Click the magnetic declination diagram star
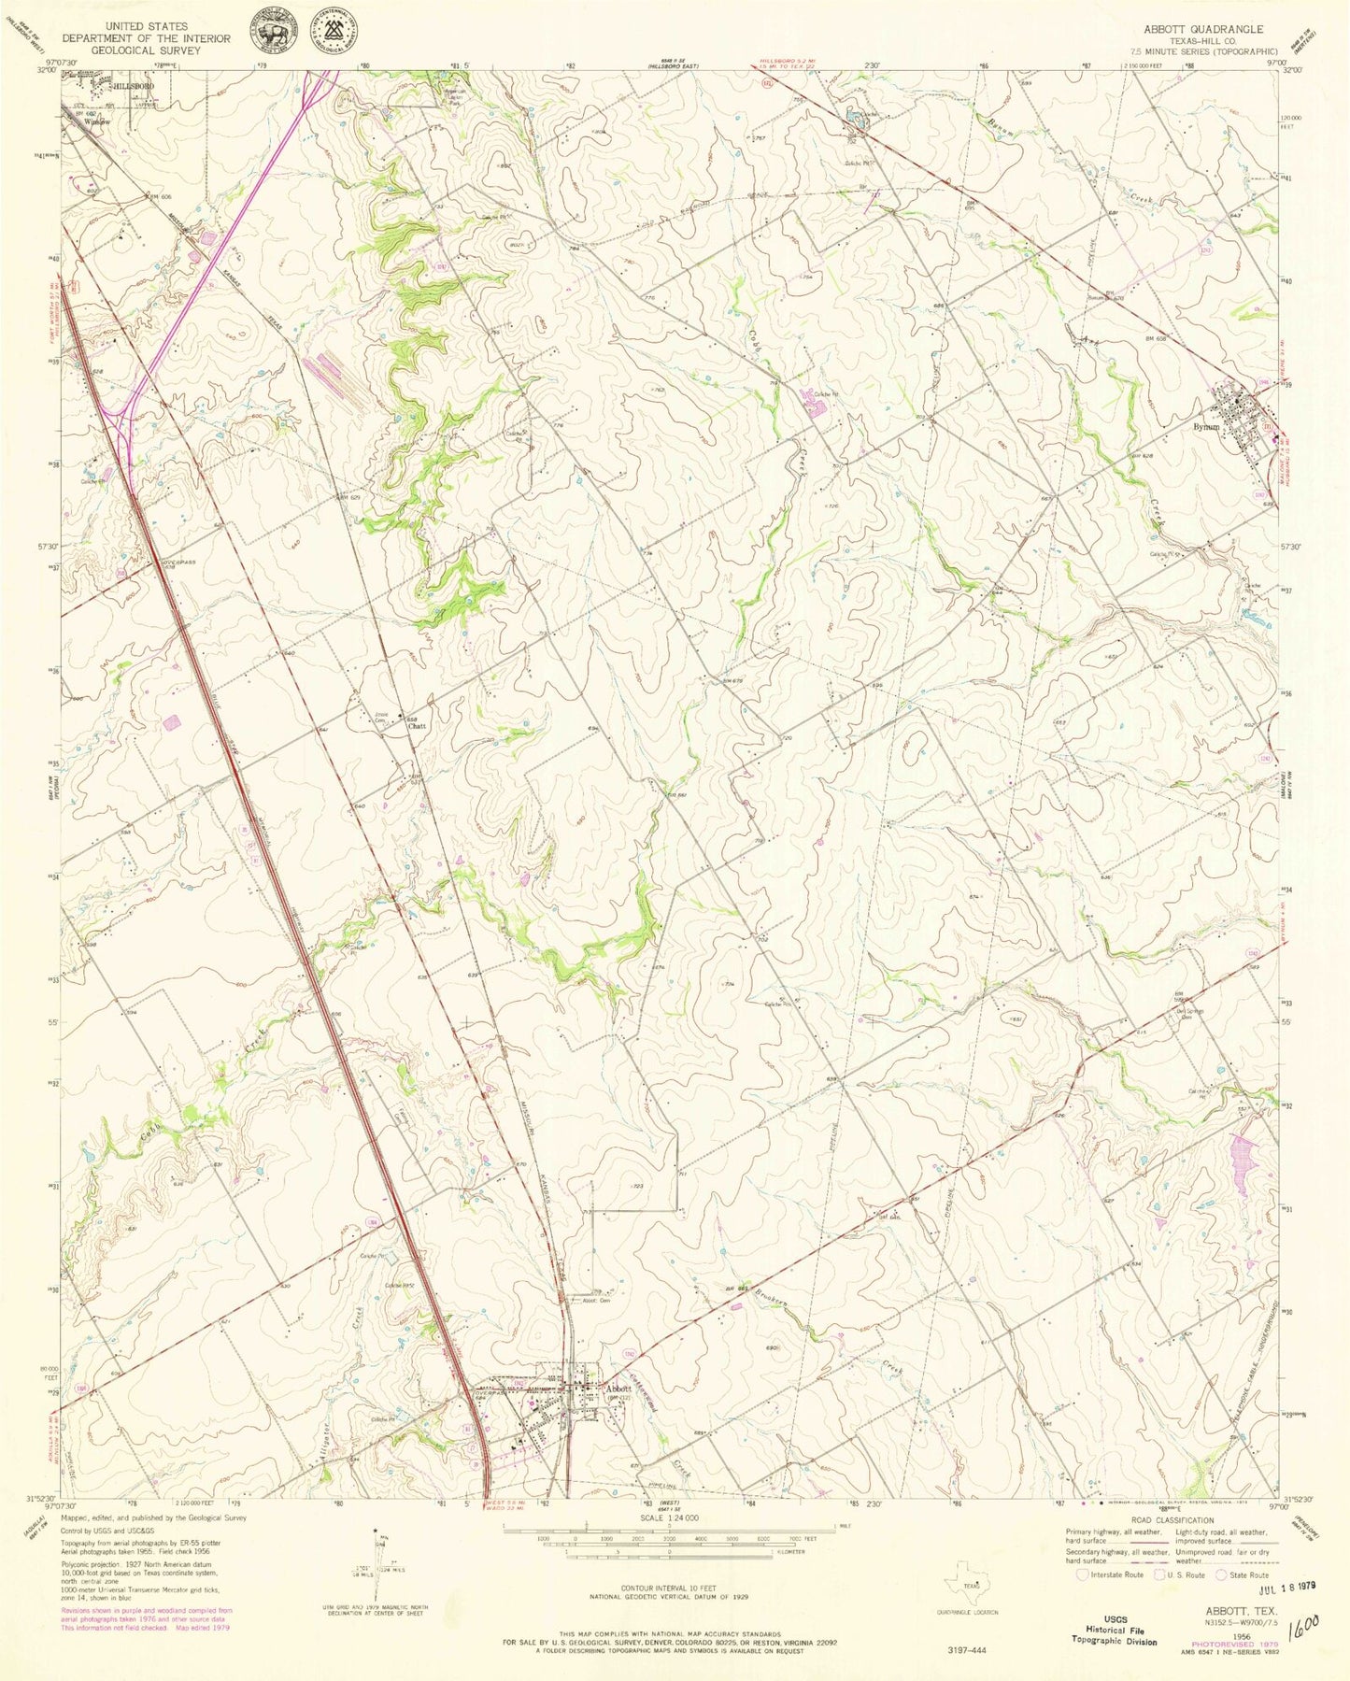(375, 1533)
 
